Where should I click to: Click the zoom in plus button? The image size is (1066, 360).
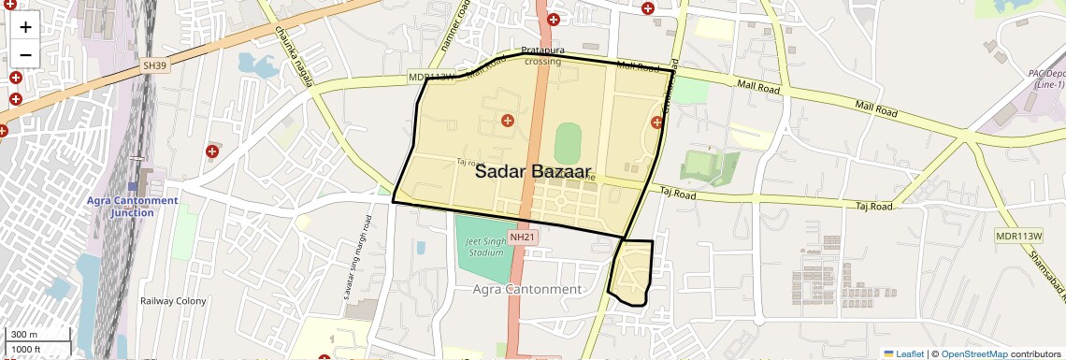click(25, 27)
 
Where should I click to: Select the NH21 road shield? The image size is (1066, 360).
click(522, 238)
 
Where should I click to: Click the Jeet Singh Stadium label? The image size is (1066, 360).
click(485, 248)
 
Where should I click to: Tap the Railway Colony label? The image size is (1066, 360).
click(173, 301)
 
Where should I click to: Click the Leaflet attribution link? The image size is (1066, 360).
click(903, 353)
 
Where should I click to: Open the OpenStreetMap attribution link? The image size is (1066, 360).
click(973, 353)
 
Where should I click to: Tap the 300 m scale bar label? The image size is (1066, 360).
click(24, 335)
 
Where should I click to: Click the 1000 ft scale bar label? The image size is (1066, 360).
click(28, 349)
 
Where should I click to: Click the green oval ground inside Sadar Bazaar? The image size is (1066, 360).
click(568, 144)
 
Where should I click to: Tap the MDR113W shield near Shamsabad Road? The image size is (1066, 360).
click(1017, 237)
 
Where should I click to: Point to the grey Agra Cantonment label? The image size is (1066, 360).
click(526, 289)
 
